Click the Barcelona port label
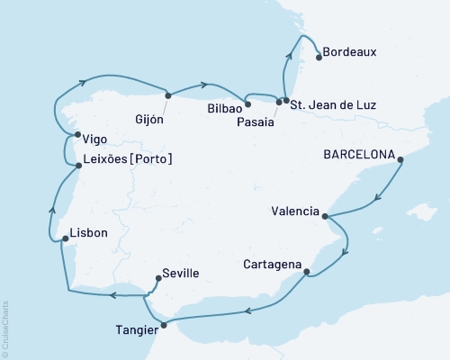pos(359,153)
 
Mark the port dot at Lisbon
pos(62,239)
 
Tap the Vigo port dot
pos(77,135)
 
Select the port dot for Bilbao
pos(247,104)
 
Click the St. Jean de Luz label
pos(332,105)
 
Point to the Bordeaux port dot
pos(318,58)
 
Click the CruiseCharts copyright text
pos(5,328)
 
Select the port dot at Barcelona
pos(400,160)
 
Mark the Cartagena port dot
pos(307,271)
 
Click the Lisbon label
pos(88,233)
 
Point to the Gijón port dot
pos(167,95)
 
